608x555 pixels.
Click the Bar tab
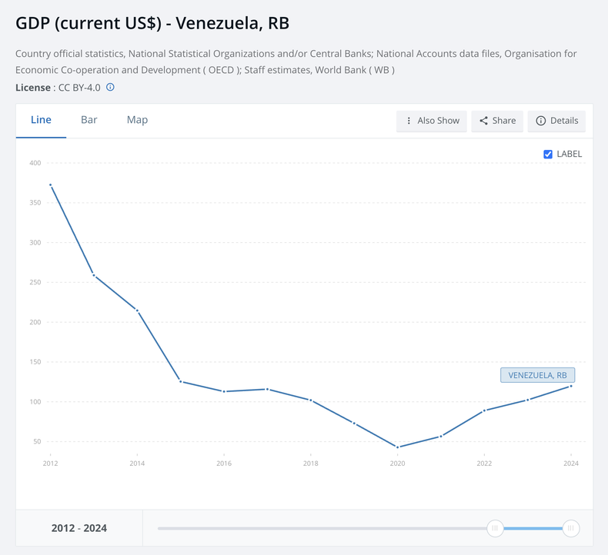tap(89, 120)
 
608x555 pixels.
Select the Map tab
tap(137, 120)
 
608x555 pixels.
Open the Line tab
tap(41, 120)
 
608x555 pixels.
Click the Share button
tap(497, 121)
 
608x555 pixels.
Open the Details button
tap(556, 121)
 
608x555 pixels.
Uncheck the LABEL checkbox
tap(548, 154)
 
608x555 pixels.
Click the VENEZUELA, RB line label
tap(537, 375)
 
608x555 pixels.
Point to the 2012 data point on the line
tap(50, 184)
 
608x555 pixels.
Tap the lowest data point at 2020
tap(397, 447)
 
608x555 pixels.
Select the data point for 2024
tap(570, 386)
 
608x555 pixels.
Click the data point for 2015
tap(180, 381)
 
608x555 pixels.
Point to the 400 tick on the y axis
tap(35, 163)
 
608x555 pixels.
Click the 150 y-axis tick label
tap(35, 362)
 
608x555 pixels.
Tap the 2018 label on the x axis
tap(310, 464)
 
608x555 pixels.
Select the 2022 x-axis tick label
tap(484, 464)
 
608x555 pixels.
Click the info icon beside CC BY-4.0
tap(110, 88)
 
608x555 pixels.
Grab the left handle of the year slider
tap(496, 528)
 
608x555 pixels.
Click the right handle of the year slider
tap(570, 528)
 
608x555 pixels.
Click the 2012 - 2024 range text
tap(79, 528)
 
